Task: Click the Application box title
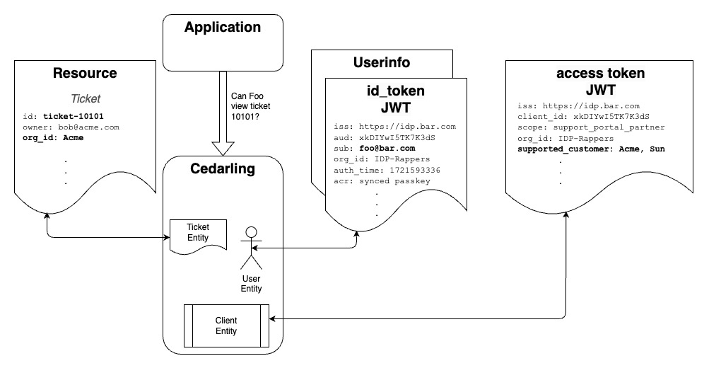[223, 28]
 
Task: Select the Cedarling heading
[223, 171]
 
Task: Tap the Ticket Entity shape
[198, 233]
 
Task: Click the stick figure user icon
[251, 248]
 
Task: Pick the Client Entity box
[226, 326]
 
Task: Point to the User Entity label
[251, 283]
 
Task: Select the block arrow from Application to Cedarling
[223, 113]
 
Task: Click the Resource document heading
[85, 73]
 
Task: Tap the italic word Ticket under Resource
[85, 100]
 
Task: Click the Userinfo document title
[381, 62]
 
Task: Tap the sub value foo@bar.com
[395, 149]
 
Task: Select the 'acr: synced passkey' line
[382, 180]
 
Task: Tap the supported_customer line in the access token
[590, 149]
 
